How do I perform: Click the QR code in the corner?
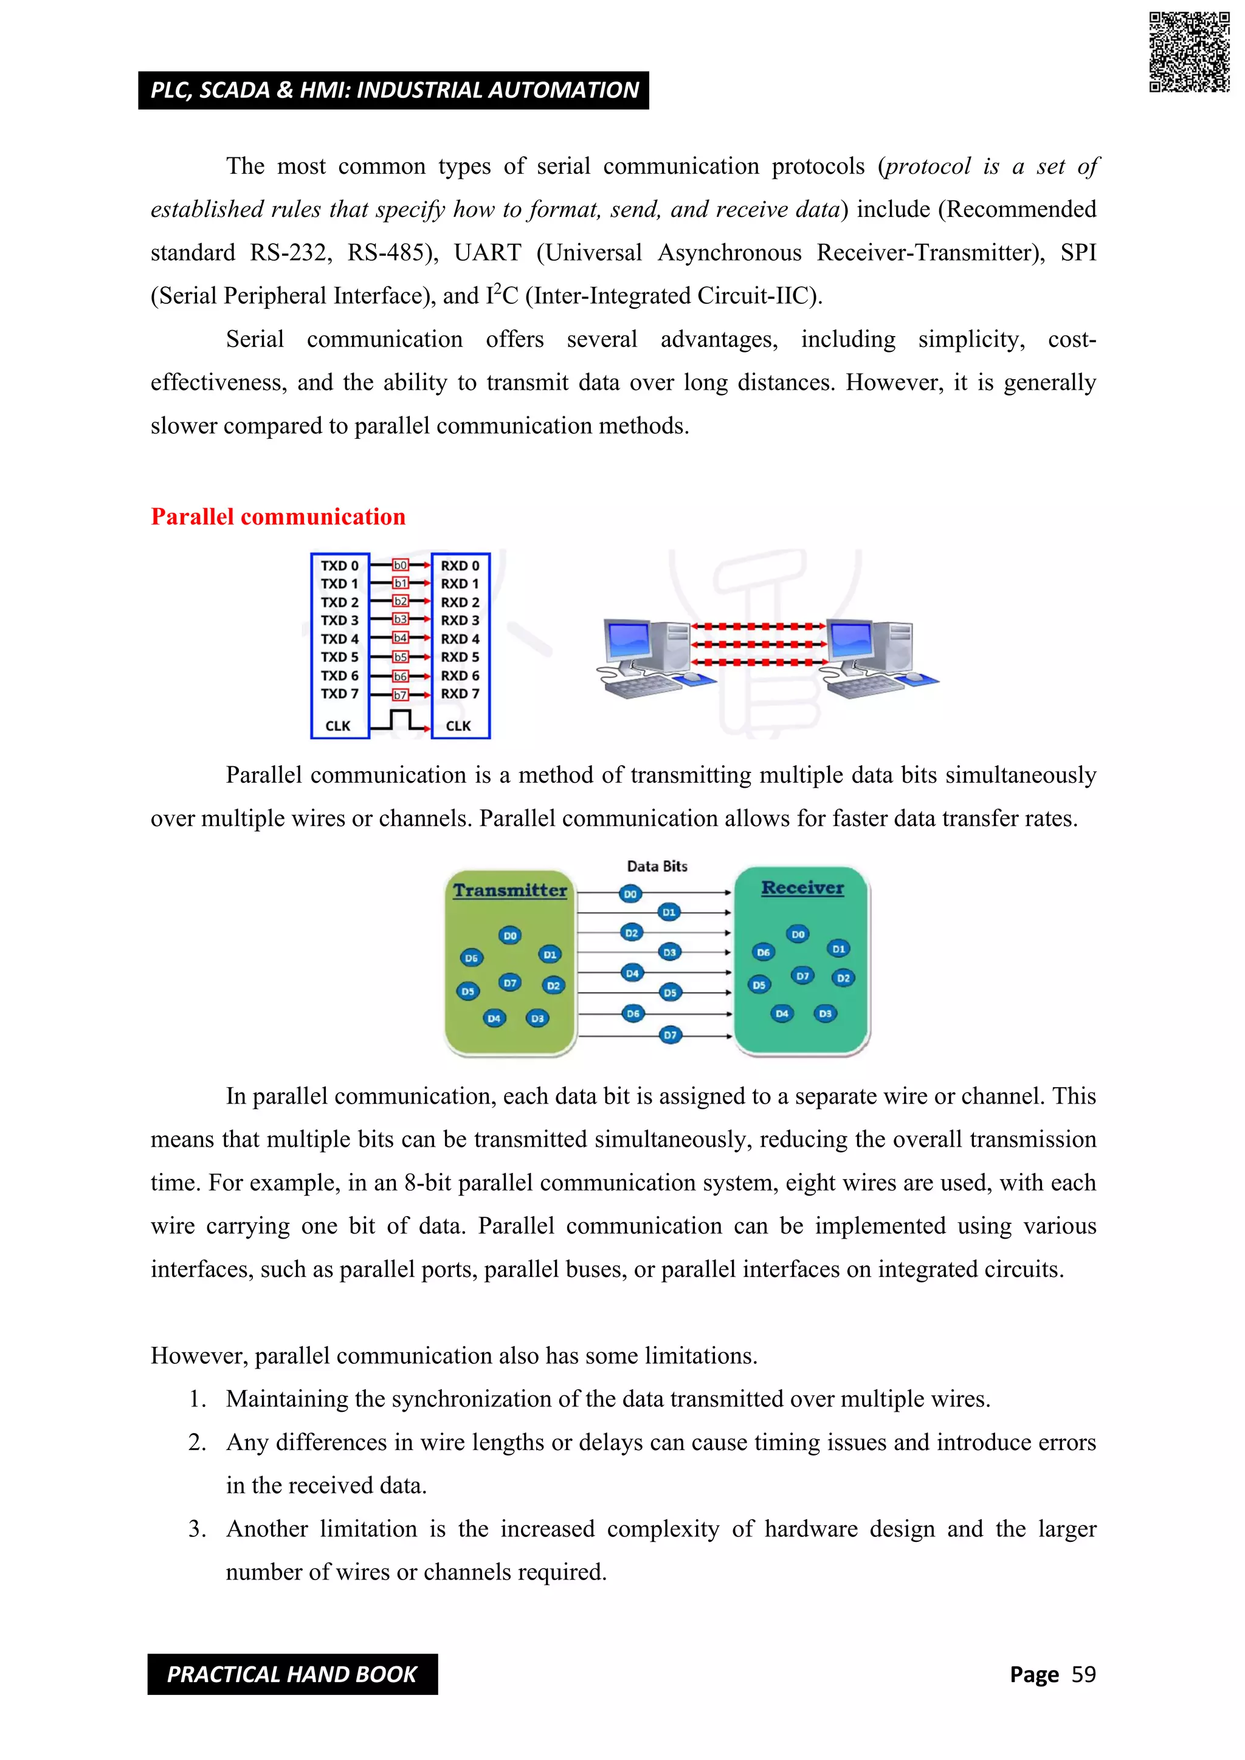pos(1189,52)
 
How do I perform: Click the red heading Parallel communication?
pos(278,517)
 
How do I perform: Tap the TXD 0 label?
pos(339,566)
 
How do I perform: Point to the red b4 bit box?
pos(400,638)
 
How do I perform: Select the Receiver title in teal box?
pos(802,888)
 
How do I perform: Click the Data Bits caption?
pos(657,866)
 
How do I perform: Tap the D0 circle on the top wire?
pos(630,894)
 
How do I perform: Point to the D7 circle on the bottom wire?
pos(670,1036)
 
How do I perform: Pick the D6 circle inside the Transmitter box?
pos(471,958)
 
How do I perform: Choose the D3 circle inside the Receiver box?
pos(825,1013)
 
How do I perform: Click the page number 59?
pos(1083,1674)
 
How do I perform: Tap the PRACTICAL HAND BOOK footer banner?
pos(292,1674)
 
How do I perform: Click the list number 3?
pos(197,1528)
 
